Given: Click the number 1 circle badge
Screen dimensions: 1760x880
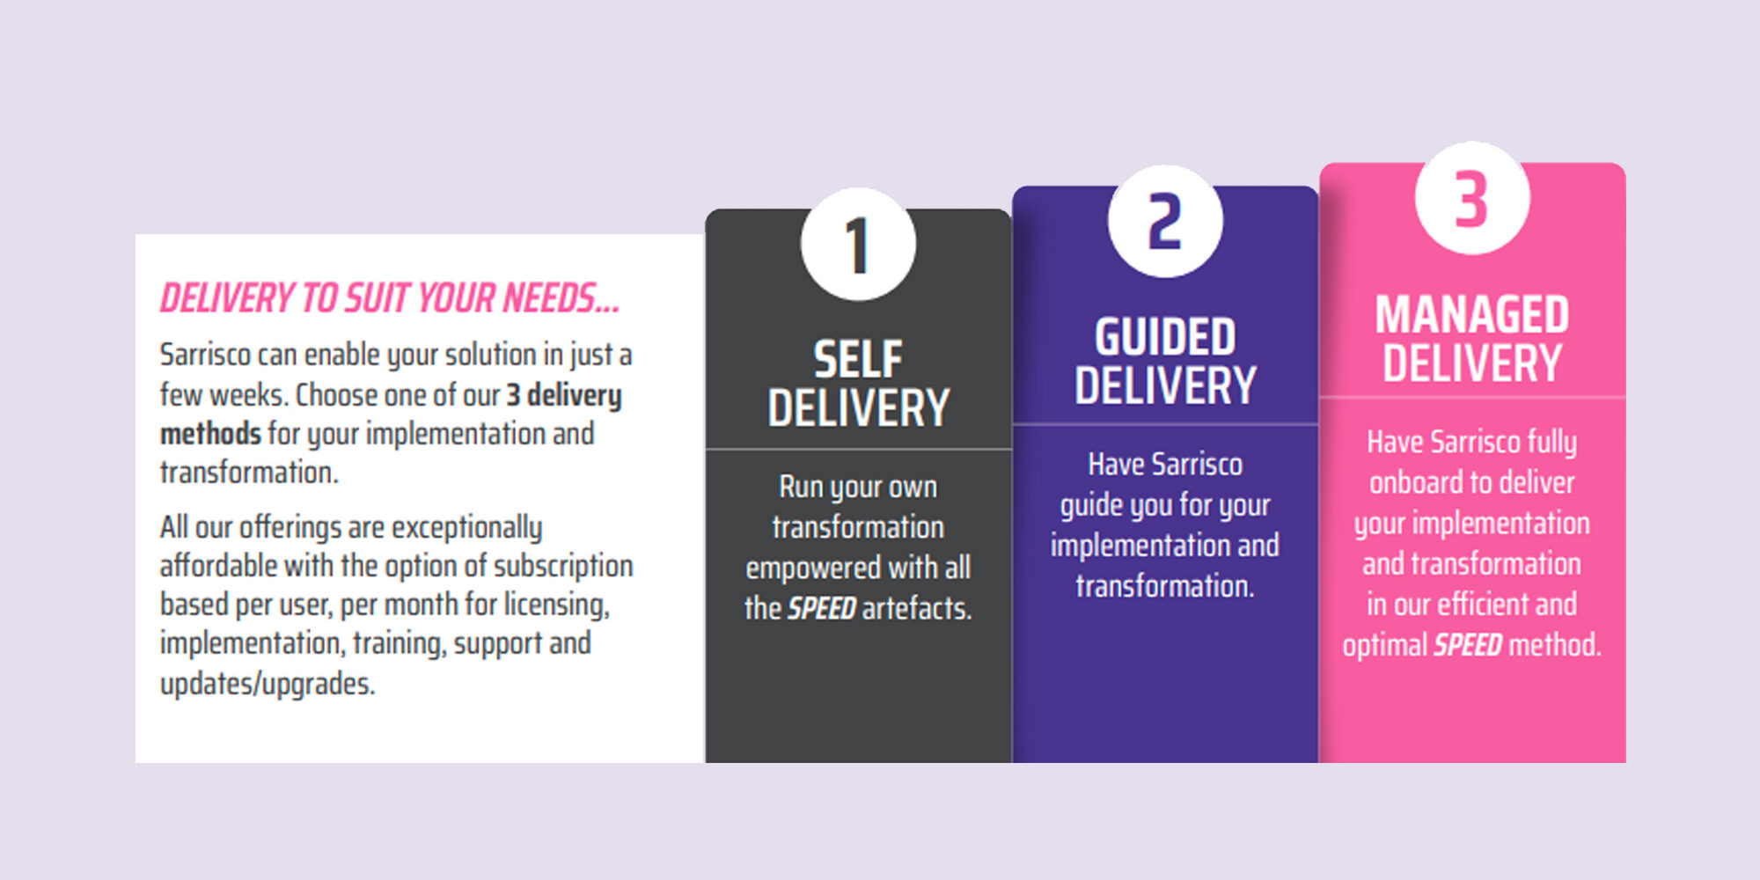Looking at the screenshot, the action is [x=858, y=245].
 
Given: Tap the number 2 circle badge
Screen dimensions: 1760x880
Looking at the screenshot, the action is [x=1165, y=222].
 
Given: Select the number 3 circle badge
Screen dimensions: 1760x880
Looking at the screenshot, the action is [x=1472, y=198].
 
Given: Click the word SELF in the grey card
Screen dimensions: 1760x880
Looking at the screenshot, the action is [x=858, y=359].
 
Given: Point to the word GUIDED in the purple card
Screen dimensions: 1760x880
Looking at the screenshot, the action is [x=1165, y=336].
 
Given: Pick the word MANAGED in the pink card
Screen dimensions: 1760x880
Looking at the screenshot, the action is [x=1472, y=314].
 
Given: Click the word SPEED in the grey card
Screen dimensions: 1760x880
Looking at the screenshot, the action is [x=822, y=608].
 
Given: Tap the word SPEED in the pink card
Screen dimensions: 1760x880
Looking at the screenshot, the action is [x=1468, y=645].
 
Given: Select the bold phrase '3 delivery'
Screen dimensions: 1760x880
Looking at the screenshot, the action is [x=564, y=395].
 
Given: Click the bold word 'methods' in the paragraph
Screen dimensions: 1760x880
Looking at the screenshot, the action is [x=210, y=434].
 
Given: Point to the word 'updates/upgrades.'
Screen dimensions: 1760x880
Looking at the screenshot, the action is [x=268, y=684].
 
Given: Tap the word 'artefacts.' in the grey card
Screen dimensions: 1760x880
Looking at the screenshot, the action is [x=917, y=608].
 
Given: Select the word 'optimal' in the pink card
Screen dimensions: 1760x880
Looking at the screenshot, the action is [x=1385, y=646].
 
